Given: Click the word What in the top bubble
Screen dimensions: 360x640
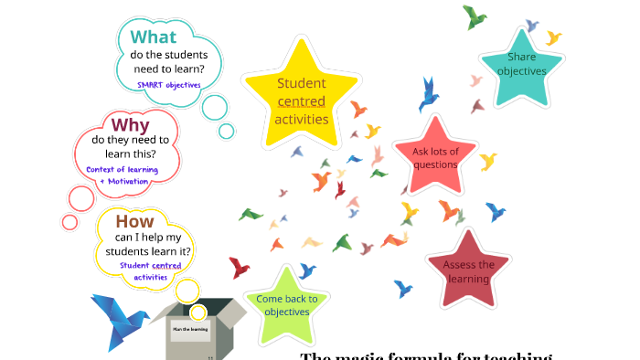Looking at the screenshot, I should pos(153,37).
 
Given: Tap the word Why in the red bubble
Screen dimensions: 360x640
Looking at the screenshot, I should pos(130,124).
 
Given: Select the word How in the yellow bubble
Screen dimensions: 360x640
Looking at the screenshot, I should pos(134,221).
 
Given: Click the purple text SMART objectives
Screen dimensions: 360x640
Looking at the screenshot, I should pos(169,84).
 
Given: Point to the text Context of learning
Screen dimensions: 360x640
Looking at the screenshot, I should pos(123,169).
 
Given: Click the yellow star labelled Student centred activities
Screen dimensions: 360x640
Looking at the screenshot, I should pos(302,101).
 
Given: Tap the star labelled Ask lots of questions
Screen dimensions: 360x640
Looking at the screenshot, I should pos(435,157).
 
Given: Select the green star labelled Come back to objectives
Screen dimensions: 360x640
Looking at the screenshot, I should pos(287,305).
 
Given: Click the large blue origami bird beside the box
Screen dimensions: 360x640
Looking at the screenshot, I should pos(119,321).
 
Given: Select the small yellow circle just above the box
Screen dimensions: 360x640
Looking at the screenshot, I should pos(187,291).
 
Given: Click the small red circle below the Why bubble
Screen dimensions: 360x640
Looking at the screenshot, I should pos(70,221).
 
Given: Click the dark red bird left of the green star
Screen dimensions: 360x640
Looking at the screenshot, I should pos(239,268).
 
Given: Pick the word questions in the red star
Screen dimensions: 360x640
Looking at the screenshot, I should pos(435,164).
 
